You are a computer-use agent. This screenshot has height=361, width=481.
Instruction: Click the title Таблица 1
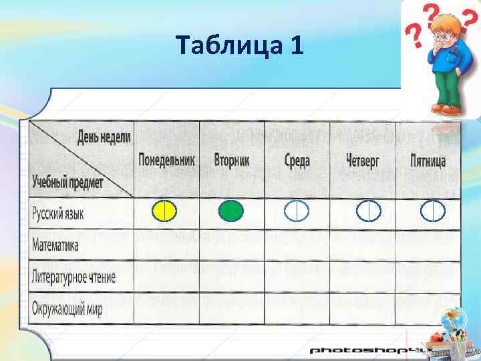pyautogui.click(x=240, y=45)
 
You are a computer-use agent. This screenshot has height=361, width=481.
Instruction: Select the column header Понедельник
pyautogui.click(x=166, y=161)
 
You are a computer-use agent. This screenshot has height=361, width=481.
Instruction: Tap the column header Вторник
pyautogui.click(x=232, y=161)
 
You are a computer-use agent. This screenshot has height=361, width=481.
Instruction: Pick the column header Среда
pyautogui.click(x=297, y=161)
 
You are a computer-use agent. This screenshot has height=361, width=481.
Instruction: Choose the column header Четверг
pyautogui.click(x=363, y=161)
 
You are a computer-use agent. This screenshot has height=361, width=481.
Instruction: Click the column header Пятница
pyautogui.click(x=428, y=161)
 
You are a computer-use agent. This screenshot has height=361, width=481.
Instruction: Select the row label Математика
pyautogui.click(x=55, y=245)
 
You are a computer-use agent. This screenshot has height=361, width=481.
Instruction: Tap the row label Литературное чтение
pyautogui.click(x=73, y=277)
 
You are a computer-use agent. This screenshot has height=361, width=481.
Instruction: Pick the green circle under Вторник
pyautogui.click(x=231, y=211)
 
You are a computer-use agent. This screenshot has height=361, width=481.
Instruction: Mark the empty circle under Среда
pyautogui.click(x=297, y=211)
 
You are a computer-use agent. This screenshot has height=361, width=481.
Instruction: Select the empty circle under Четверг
pyautogui.click(x=368, y=211)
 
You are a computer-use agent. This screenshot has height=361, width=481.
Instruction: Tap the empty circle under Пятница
pyautogui.click(x=433, y=211)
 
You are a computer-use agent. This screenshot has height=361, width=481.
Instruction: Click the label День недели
pyautogui.click(x=104, y=137)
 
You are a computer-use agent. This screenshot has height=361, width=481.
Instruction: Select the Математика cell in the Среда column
pyautogui.click(x=297, y=245)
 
